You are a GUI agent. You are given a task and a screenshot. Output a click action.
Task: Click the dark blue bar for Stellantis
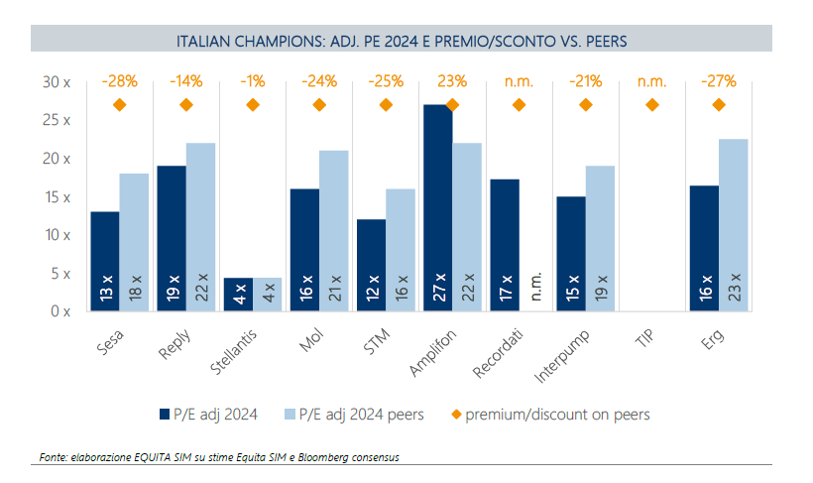237,295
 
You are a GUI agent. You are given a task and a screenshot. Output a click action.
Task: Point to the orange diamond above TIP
651,105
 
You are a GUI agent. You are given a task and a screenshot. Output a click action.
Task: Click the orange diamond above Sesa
120,105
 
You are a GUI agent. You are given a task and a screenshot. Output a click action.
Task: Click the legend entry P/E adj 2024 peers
366,414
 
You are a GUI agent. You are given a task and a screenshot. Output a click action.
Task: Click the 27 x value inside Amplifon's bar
437,288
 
